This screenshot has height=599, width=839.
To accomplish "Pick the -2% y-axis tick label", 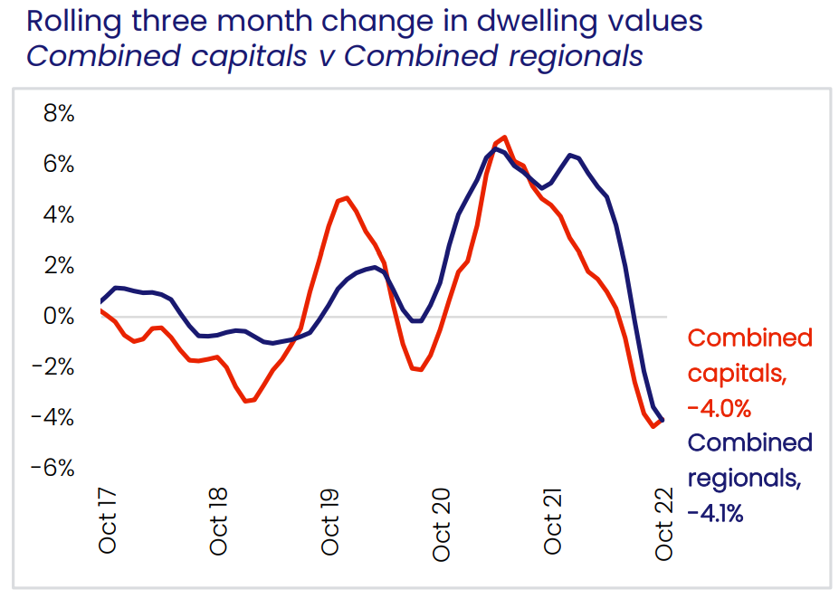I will click(x=52, y=367).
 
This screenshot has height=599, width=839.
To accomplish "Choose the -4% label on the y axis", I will click(x=52, y=418).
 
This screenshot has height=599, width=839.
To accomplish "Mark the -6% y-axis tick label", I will click(x=52, y=468).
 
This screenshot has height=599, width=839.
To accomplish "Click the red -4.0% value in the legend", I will click(x=720, y=409).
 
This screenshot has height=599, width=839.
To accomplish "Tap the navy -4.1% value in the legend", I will click(x=716, y=514).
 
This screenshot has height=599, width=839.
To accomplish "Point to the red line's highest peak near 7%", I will click(x=504, y=138).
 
